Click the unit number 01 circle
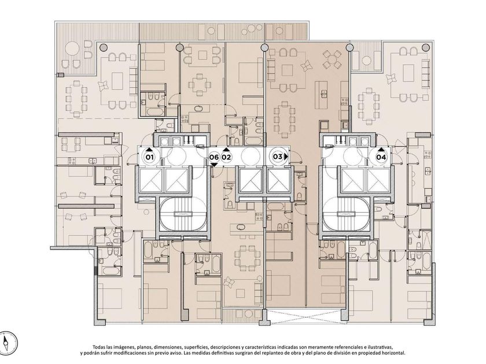point(150,157)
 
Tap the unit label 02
point(226,157)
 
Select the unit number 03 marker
point(277,157)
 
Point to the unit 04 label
point(381,157)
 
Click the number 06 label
point(213,157)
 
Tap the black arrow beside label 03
point(286,157)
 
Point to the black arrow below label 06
point(214,165)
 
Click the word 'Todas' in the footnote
point(99,347)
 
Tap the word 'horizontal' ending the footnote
point(393,353)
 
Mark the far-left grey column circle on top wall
point(104,47)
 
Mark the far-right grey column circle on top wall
point(426,47)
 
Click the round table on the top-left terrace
point(72,48)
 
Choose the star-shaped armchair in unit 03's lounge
point(307,66)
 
